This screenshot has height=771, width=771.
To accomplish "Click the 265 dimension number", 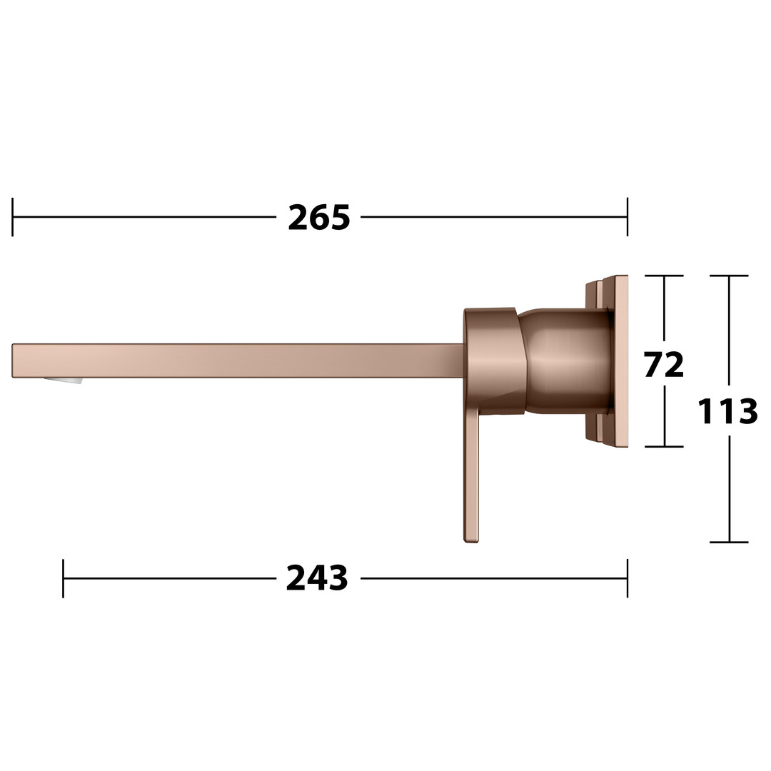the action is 318,217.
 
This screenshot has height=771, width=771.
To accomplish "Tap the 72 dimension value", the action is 664,364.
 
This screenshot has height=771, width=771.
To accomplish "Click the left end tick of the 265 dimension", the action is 12,217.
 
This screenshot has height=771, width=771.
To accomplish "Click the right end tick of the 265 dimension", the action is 628,217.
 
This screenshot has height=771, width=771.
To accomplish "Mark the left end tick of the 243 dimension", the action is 64,578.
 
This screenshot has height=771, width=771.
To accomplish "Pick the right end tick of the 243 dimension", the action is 628,578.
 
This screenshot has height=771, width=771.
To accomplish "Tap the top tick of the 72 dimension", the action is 665,276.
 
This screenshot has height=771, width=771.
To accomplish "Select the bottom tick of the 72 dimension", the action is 665,446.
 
